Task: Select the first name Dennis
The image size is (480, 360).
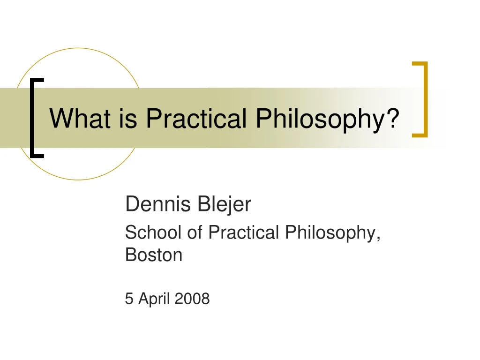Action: pos(157,204)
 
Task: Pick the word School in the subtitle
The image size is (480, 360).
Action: pos(154,232)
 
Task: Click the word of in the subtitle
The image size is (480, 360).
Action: pos(195,232)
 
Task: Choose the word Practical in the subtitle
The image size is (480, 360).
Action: pos(244,232)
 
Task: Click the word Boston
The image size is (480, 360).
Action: pos(154,255)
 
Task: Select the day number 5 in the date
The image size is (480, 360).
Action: pos(129,299)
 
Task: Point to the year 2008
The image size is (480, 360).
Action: pos(192,299)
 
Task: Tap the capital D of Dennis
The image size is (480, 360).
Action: pos(132,204)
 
